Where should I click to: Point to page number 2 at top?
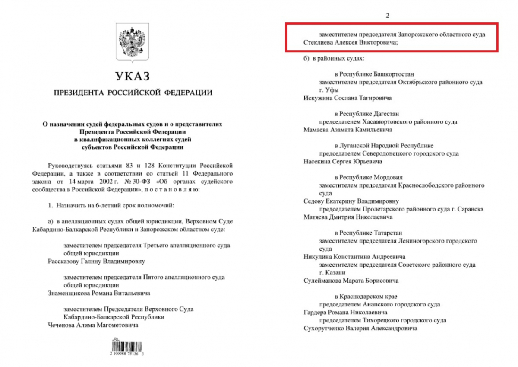click(x=387, y=16)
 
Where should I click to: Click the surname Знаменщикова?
click(x=69, y=293)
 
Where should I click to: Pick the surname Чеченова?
click(x=62, y=325)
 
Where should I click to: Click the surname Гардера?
click(x=316, y=312)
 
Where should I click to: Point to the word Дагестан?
click(x=390, y=114)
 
